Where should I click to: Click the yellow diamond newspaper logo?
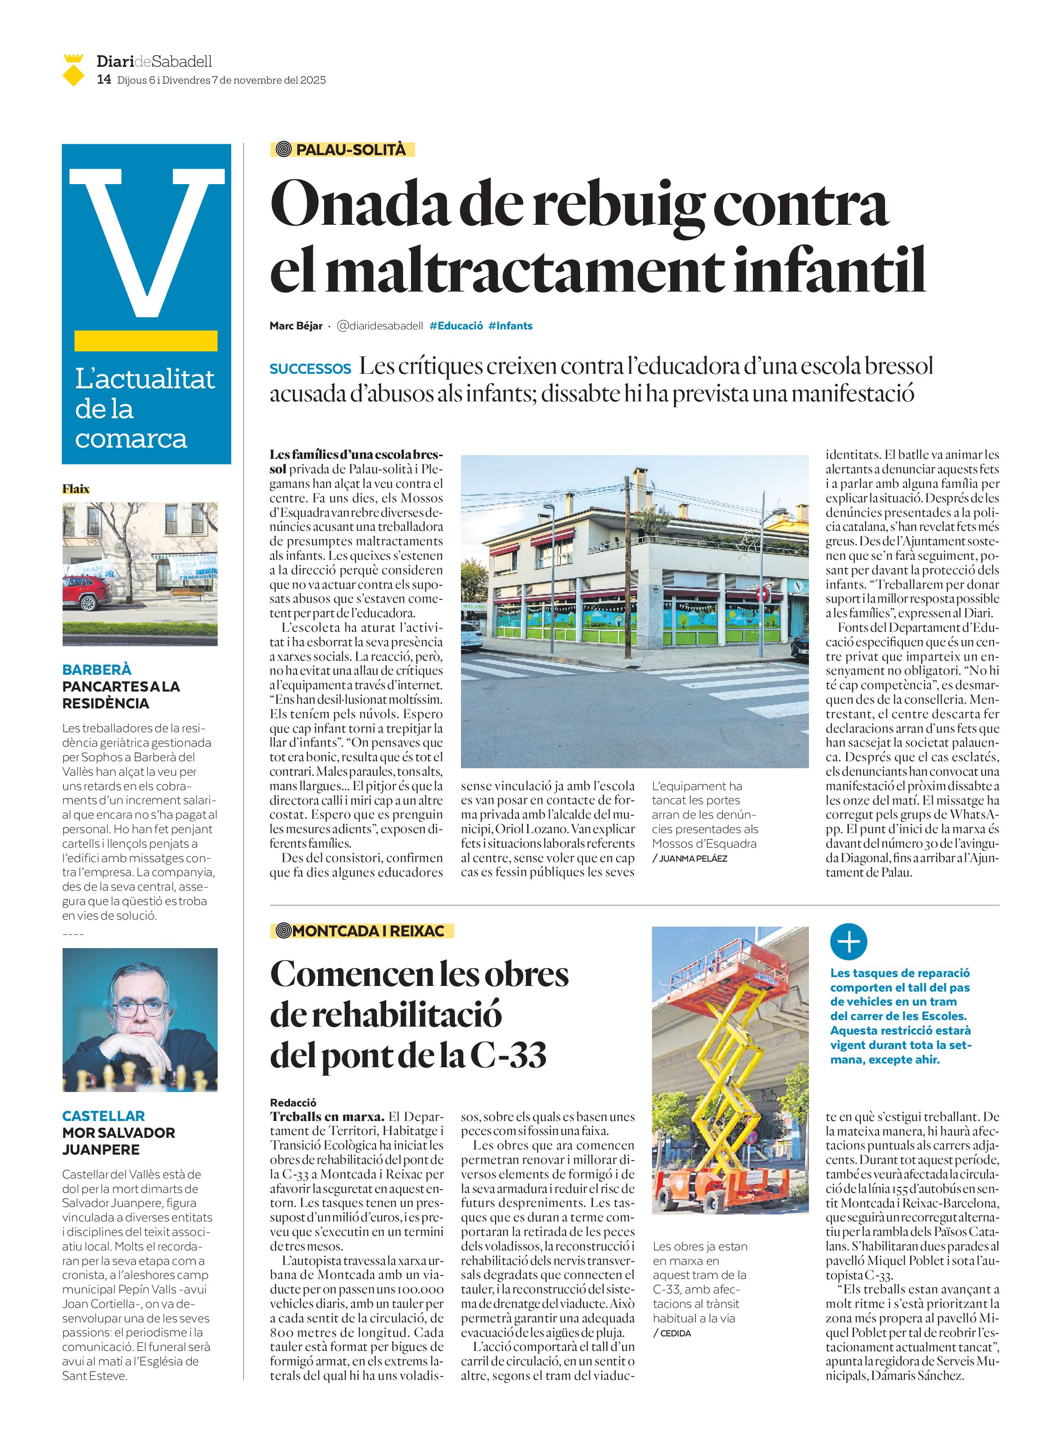tap(74, 71)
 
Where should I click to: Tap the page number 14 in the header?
tap(104, 80)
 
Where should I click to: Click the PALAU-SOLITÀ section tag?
tap(342, 150)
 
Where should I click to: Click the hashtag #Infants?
tap(510, 326)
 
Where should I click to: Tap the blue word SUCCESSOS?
tap(310, 369)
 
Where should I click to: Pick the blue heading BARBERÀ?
tap(97, 670)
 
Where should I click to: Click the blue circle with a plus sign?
tap(848, 942)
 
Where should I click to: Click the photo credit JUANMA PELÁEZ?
tap(692, 858)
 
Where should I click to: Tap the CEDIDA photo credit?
tap(675, 1333)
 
